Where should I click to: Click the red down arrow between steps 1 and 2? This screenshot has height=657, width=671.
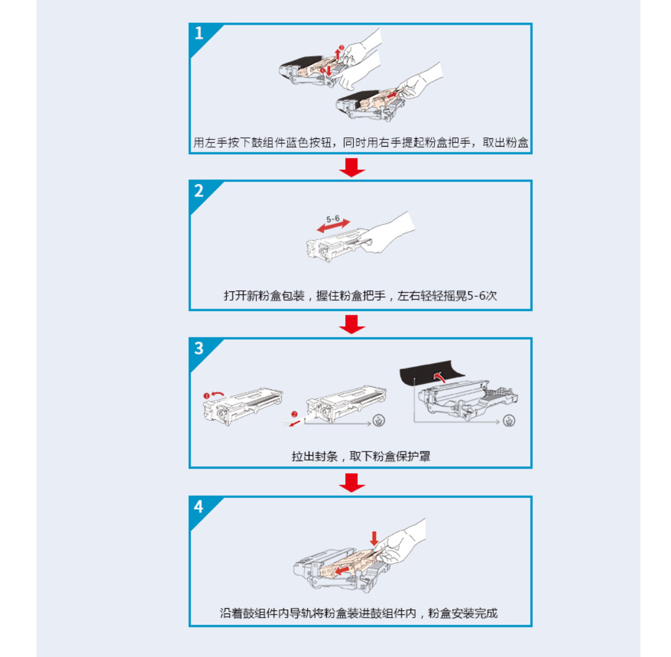tap(352, 167)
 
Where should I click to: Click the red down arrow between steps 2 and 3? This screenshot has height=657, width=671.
tap(352, 324)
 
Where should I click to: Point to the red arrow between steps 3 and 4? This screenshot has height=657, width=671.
tap(352, 483)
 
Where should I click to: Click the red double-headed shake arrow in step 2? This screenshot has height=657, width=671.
tap(333, 227)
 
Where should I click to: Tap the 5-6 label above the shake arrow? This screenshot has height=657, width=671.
tap(332, 218)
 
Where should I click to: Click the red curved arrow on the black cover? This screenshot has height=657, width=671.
tap(439, 377)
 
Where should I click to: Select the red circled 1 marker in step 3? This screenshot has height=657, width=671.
tap(206, 396)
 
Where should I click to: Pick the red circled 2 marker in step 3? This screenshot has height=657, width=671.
tap(294, 414)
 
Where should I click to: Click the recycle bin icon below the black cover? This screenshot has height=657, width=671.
tap(509, 420)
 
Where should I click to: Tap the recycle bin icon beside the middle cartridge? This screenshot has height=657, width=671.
tap(379, 420)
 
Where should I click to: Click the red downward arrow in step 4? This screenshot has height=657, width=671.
tap(374, 538)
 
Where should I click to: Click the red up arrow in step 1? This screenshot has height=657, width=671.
tap(338, 54)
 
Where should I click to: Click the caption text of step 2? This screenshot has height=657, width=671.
tap(360, 296)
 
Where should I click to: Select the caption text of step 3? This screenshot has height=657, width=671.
tap(360, 456)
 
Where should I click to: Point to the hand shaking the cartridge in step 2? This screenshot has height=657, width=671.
tap(388, 233)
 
